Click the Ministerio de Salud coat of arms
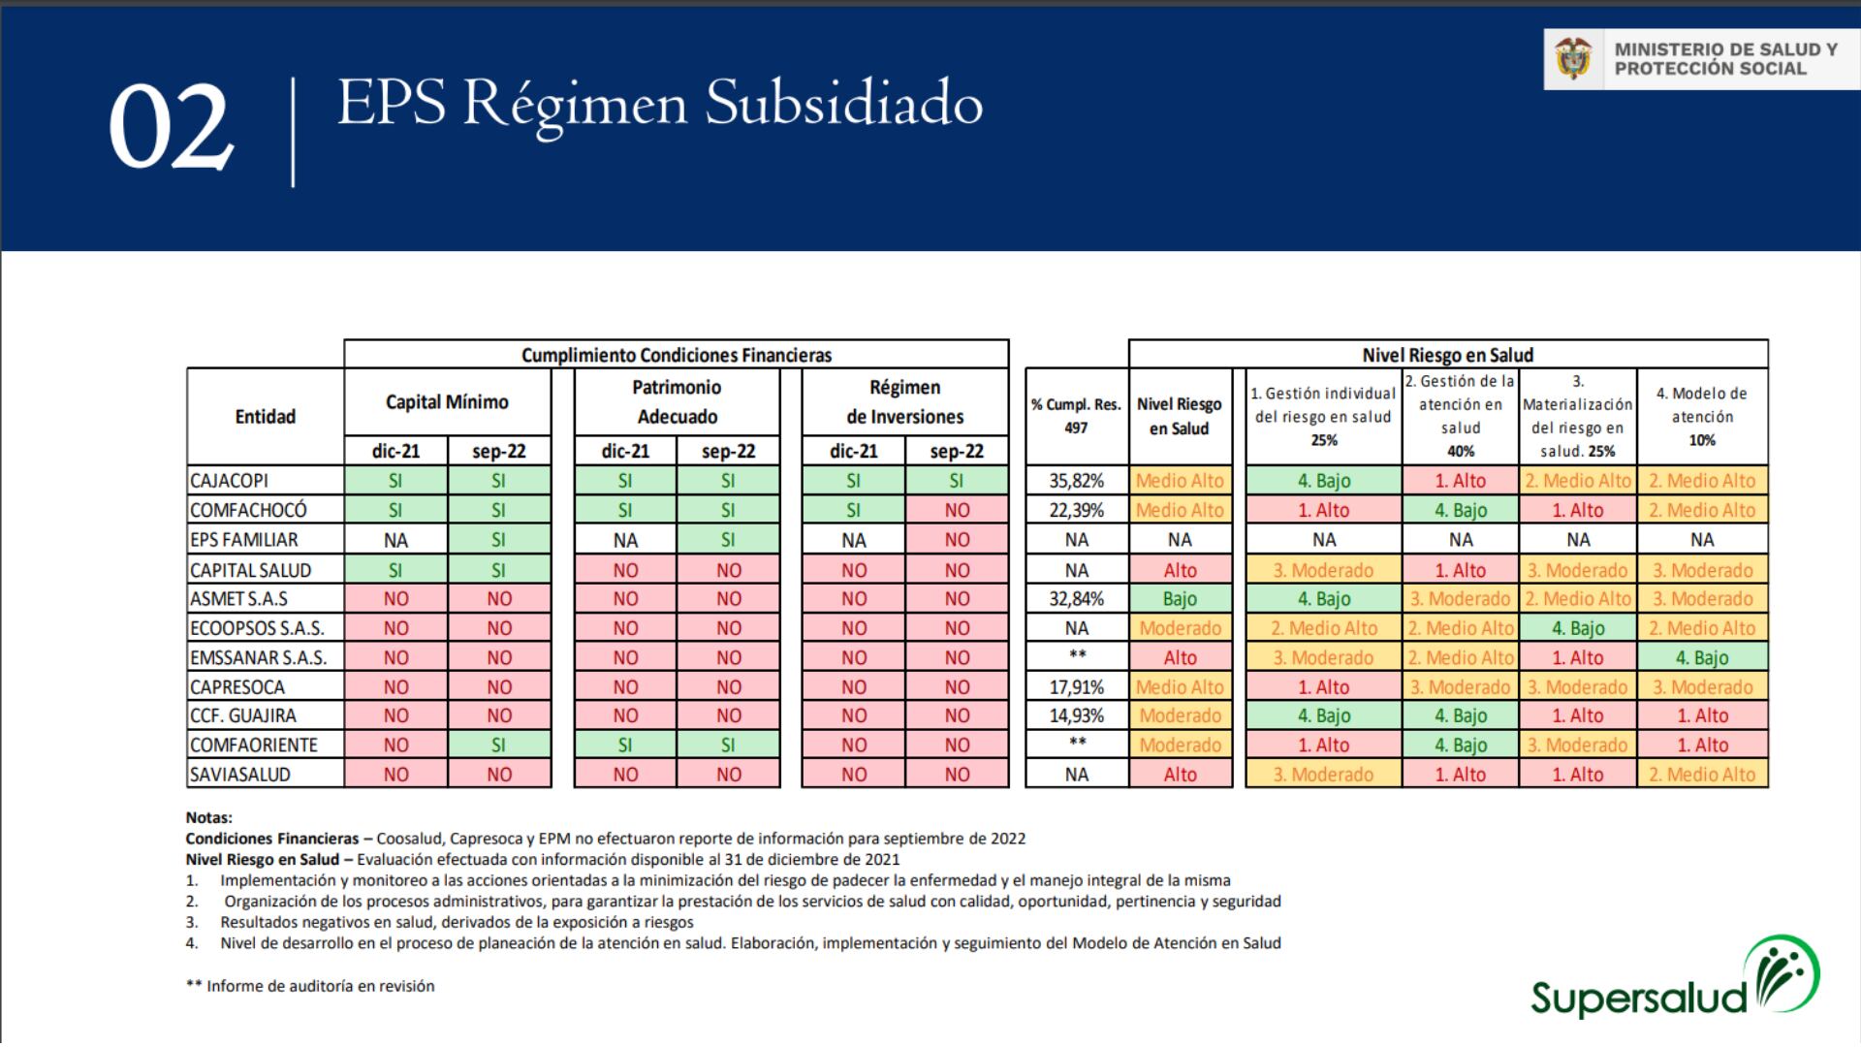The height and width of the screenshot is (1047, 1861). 1573,59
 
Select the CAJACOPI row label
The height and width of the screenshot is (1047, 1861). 230,481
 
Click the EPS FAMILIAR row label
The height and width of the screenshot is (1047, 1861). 244,540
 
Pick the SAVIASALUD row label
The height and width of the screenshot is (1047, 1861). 240,775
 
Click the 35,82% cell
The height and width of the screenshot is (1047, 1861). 1076,481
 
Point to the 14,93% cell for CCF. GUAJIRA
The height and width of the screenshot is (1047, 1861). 1076,715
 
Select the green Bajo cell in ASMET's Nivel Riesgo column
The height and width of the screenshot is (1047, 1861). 1180,599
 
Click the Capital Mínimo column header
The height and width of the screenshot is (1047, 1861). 447,402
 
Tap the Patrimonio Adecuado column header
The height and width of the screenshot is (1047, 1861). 677,402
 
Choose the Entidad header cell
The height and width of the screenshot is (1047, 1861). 265,417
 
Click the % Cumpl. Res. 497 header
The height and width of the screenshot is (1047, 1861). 1076,416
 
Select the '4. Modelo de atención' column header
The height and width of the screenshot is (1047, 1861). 1702,416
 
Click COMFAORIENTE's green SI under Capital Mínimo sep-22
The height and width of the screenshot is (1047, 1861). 498,746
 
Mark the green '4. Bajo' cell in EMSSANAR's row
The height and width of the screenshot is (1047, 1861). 1702,657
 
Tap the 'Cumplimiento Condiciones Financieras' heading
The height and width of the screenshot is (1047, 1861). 677,355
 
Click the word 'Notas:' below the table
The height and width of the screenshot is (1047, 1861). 209,818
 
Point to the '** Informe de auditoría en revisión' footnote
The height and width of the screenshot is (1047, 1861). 310,986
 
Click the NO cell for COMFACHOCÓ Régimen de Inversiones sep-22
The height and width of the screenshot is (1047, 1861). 957,511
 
